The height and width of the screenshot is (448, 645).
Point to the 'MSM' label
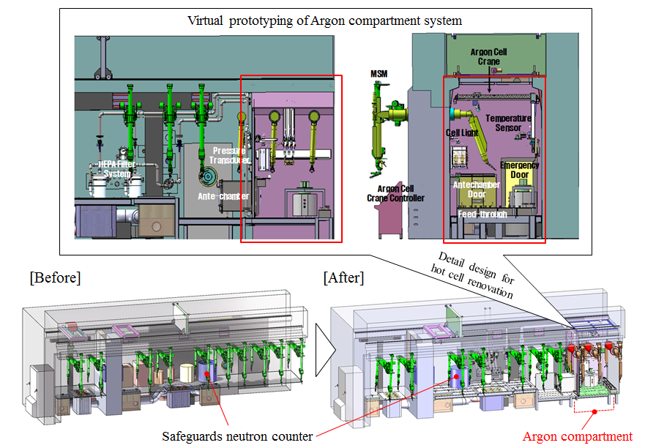pos(379,74)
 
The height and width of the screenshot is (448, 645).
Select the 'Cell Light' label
pos(462,133)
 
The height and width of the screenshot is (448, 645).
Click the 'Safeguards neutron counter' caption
pos(237,436)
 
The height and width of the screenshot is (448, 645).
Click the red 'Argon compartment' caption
pos(577,436)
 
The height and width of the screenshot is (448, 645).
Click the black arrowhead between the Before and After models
pos(321,360)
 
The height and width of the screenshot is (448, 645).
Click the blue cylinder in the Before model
pos(205,370)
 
